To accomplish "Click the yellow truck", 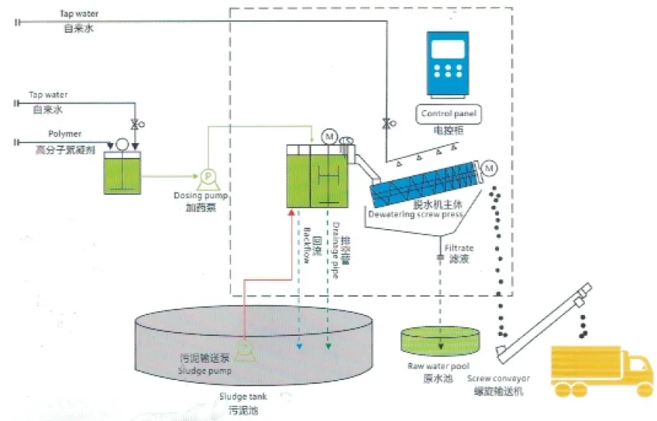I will pyautogui.click(x=600, y=371).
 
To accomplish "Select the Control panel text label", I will pyautogui.click(x=449, y=114).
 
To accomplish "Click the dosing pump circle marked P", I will pyautogui.click(x=207, y=176).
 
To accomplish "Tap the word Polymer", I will pyautogui.click(x=65, y=134).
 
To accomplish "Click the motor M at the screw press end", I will pyautogui.click(x=490, y=168).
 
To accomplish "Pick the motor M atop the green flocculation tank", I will pyautogui.click(x=330, y=137).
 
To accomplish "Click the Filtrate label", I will pyautogui.click(x=459, y=249).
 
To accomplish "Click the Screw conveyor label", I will pyautogui.click(x=498, y=378).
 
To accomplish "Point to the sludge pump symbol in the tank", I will pyautogui.click(x=245, y=349).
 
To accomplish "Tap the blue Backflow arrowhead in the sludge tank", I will pyautogui.click(x=299, y=350).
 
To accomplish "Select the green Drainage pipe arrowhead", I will pyautogui.click(x=328, y=350).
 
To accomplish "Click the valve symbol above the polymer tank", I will pyautogui.click(x=136, y=124).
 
